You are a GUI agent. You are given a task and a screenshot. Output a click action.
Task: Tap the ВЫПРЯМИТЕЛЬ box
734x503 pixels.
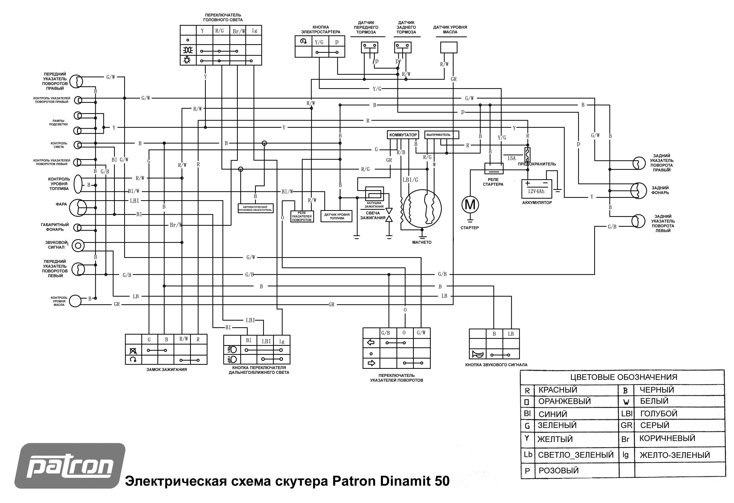point(441,135)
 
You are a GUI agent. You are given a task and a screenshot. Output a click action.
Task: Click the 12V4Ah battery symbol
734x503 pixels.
point(536,189)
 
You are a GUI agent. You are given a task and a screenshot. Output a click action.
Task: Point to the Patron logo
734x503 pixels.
point(70,466)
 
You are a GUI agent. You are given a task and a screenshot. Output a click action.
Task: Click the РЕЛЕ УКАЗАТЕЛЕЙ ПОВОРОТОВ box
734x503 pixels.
point(302,216)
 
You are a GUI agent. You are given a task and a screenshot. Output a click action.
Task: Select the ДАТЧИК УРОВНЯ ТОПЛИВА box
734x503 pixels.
point(336,216)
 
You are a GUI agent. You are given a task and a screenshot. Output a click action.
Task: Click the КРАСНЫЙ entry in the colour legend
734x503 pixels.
point(558,390)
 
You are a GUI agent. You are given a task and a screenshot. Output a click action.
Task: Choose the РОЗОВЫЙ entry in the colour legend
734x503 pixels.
point(558,470)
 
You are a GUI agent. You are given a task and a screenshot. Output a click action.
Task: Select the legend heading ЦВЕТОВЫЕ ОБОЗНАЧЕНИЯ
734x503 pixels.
point(624,377)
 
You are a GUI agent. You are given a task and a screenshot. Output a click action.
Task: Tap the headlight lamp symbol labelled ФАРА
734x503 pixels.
point(78,208)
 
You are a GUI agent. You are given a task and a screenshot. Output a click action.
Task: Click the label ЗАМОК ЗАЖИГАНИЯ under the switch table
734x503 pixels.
point(167,370)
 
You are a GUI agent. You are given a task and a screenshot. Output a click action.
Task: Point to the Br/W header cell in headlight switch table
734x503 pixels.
point(238,31)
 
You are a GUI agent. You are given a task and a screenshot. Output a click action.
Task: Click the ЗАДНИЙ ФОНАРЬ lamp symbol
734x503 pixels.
point(639,191)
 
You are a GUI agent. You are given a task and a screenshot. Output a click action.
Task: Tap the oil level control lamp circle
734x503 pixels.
point(75,301)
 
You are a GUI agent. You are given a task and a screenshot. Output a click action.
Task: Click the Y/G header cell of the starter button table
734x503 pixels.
point(319,42)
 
